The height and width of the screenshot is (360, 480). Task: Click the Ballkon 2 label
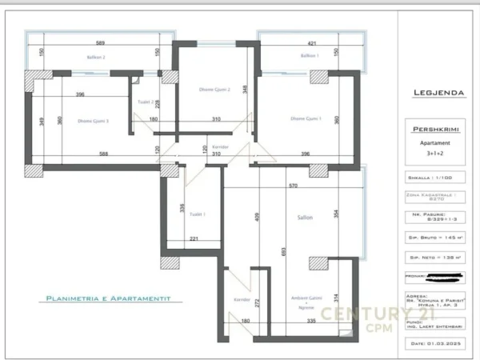point(97,57)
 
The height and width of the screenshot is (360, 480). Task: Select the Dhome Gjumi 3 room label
point(93,121)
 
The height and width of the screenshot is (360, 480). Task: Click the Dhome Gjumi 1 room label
point(305,120)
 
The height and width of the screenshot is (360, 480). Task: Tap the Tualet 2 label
point(146,102)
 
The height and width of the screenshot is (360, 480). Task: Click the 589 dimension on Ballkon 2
point(102,43)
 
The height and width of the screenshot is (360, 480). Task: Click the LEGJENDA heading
point(438,92)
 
